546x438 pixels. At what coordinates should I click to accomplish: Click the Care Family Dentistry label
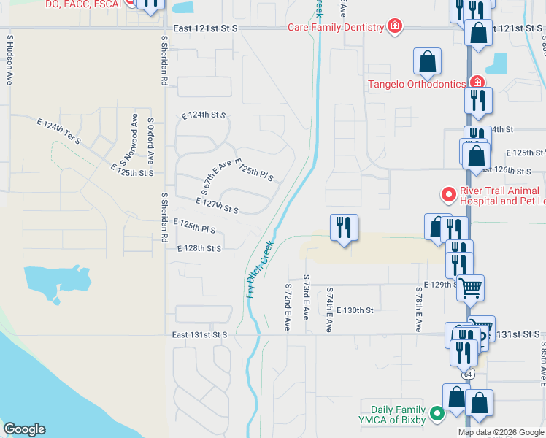(336, 28)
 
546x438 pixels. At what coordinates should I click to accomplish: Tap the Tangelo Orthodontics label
(416, 84)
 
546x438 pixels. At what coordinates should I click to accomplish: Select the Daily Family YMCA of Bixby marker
(437, 414)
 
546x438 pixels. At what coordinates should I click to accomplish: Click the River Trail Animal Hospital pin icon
(447, 195)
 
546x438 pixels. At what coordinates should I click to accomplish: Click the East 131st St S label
(200, 335)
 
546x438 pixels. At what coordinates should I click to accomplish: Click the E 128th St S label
(199, 248)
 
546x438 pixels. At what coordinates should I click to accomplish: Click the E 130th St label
(356, 310)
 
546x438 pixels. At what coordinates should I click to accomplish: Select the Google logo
(24, 429)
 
